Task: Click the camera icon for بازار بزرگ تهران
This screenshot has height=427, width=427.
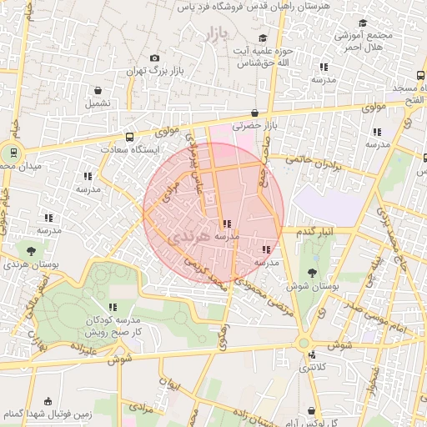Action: tap(154, 58)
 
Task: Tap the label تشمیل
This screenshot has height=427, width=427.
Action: tap(96, 103)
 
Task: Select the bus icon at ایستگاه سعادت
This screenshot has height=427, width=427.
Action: tap(128, 138)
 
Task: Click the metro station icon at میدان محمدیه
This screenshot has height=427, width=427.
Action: tap(12, 153)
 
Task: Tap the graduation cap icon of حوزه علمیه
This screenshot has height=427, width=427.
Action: tap(263, 38)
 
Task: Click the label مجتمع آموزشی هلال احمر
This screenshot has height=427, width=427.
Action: tap(363, 42)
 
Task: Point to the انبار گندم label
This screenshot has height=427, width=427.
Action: tap(314, 230)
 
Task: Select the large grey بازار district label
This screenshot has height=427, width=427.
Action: tap(215, 34)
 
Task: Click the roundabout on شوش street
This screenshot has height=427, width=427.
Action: tap(304, 342)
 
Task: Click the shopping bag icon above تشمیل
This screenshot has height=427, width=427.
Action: tap(98, 90)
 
